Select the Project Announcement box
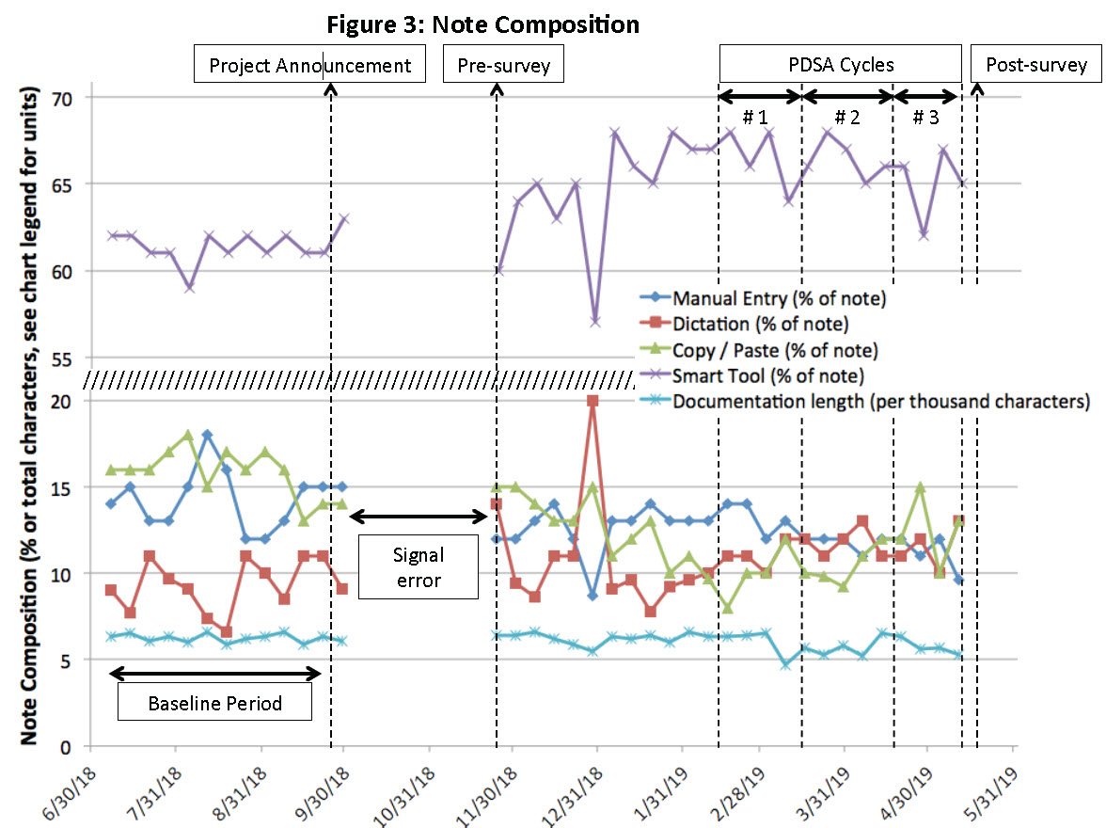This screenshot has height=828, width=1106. click(310, 65)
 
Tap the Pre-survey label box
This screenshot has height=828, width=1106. click(503, 65)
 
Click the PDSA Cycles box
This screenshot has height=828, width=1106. click(841, 65)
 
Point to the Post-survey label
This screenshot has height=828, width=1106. click(1036, 65)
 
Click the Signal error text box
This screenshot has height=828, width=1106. click(419, 567)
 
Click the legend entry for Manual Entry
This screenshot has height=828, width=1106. click(779, 299)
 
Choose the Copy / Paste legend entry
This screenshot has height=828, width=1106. click(775, 350)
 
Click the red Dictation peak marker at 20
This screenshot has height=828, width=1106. click(592, 401)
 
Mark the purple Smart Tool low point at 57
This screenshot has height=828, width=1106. click(594, 322)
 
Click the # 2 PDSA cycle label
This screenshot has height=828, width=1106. click(847, 119)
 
